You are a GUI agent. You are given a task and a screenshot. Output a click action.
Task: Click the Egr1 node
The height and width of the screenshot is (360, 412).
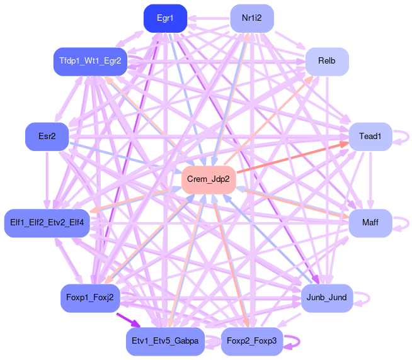coord(165,18)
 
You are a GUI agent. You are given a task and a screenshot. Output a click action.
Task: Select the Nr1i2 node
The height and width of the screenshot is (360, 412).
coord(251,18)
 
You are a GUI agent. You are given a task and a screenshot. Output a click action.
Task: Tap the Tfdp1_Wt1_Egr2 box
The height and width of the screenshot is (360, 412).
coord(90,61)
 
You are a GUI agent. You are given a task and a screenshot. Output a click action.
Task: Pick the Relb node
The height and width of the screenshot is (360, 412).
coord(327,61)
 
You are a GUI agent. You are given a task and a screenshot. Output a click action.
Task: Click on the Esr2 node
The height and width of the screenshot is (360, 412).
coord(47,137)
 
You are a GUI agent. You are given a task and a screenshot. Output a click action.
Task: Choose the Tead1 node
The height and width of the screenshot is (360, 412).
coord(370,137)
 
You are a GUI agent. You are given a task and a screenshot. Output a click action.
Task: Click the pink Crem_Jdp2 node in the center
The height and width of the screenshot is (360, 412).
coord(209,180)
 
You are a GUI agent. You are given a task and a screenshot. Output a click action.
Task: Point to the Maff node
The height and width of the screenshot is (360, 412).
coord(370,223)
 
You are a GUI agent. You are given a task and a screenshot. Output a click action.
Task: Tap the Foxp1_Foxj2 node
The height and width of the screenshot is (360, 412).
coord(90,298)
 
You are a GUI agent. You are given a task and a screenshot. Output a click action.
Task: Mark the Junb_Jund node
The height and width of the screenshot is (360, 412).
coord(327,298)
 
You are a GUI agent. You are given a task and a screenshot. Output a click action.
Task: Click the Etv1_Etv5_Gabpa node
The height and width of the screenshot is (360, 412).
coord(165,341)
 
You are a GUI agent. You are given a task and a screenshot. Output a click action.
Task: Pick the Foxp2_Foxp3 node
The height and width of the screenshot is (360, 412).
coord(251,341)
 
